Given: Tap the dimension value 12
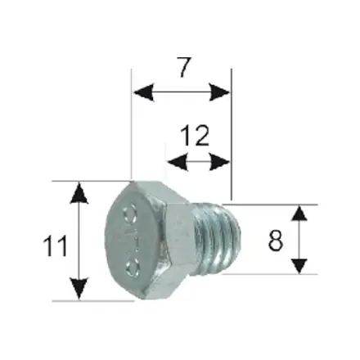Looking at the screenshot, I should (197, 135).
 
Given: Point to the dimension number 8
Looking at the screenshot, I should (274, 241).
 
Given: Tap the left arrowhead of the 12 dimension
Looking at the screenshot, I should (174, 162).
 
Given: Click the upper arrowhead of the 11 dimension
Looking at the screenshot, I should (79, 192).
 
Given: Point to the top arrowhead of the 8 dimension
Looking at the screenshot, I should (299, 215).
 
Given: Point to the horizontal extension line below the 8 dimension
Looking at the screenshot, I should (270, 275).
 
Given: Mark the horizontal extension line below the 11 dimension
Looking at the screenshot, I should (90, 300).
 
